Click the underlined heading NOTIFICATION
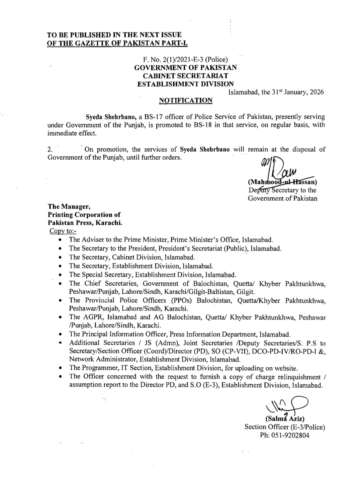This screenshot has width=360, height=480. (x=185, y=100)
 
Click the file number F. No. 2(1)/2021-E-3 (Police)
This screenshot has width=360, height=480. (x=185, y=60)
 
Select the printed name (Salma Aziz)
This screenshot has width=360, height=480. (x=285, y=418)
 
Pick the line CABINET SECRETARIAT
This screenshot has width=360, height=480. (x=185, y=76)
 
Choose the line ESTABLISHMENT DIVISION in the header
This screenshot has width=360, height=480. (x=185, y=84)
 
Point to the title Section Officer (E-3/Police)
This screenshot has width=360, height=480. (x=285, y=427)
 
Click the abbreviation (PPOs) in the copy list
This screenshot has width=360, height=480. (x=183, y=300)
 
